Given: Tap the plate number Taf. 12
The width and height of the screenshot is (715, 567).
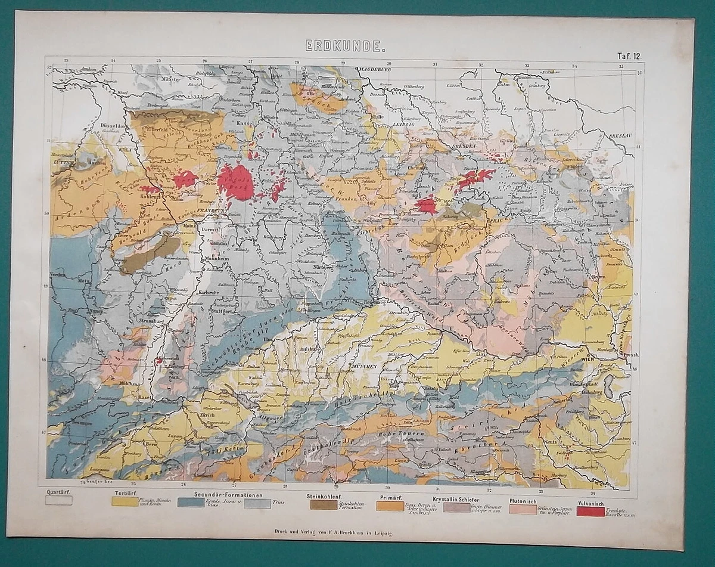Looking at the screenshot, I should coord(628,57).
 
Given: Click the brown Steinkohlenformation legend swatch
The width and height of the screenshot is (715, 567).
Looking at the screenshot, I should coord(323,504).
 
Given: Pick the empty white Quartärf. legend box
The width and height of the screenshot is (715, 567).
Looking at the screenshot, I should coord(58,501).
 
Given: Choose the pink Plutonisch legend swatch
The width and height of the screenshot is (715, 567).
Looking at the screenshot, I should coord(523,509).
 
